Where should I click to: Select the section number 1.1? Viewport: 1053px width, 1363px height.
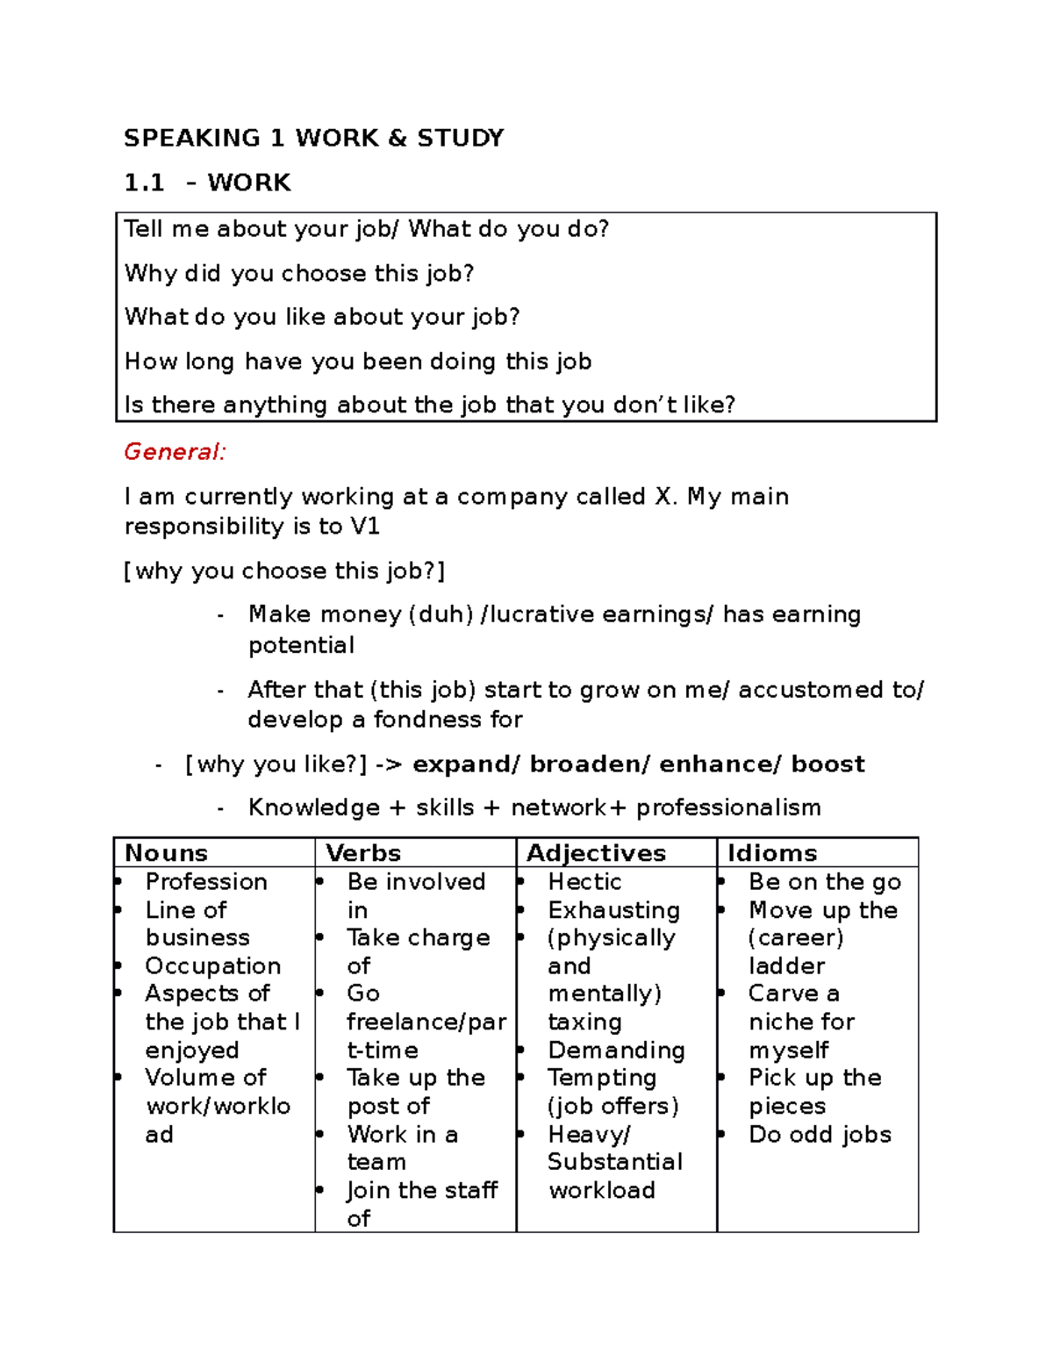tap(144, 183)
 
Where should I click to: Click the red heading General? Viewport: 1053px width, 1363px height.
tap(175, 452)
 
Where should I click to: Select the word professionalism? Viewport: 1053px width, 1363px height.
tap(728, 807)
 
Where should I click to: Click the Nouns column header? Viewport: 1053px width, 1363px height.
tap(166, 853)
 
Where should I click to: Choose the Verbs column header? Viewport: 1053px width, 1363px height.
tap(362, 853)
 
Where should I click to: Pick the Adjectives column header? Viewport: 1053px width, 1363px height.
tap(596, 853)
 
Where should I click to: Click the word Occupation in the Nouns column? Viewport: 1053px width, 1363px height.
tap(212, 966)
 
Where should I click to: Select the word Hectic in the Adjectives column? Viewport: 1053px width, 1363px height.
tap(584, 882)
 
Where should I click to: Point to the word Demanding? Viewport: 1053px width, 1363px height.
tap(616, 1051)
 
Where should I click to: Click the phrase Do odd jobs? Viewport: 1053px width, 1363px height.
tap(820, 1135)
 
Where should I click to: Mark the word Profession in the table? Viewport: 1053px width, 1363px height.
tap(206, 882)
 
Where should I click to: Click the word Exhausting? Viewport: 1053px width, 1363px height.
tap(613, 910)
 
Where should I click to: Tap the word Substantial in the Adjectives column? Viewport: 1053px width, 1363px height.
tap(614, 1162)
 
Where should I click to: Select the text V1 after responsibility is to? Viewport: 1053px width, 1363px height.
tap(364, 527)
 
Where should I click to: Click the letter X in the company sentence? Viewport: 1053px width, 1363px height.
tap(663, 497)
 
